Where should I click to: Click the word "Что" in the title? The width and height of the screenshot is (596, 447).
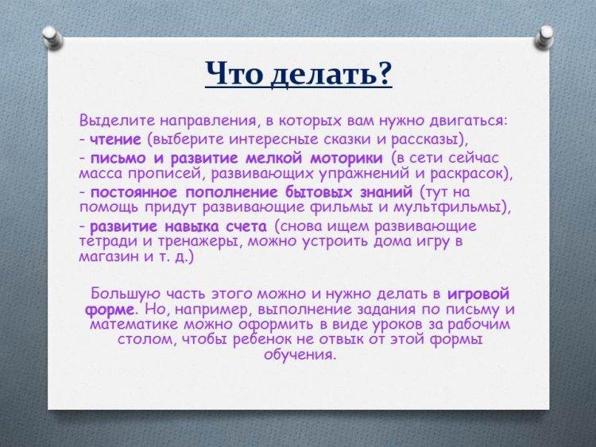(x=234, y=72)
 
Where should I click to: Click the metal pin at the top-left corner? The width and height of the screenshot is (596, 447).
(x=52, y=37)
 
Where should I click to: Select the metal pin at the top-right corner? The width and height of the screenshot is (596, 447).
(x=544, y=37)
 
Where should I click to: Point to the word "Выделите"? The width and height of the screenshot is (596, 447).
(x=117, y=121)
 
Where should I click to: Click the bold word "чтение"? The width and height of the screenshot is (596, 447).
(x=115, y=140)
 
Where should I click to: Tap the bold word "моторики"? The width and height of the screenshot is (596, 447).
(x=346, y=158)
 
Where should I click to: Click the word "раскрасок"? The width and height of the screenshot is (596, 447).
(x=468, y=174)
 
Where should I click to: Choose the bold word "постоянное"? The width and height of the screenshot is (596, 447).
(x=134, y=192)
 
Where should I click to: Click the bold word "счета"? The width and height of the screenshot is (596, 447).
(x=246, y=227)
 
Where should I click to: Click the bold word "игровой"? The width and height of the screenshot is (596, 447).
(x=478, y=295)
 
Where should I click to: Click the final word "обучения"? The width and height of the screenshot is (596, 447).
(x=300, y=354)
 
